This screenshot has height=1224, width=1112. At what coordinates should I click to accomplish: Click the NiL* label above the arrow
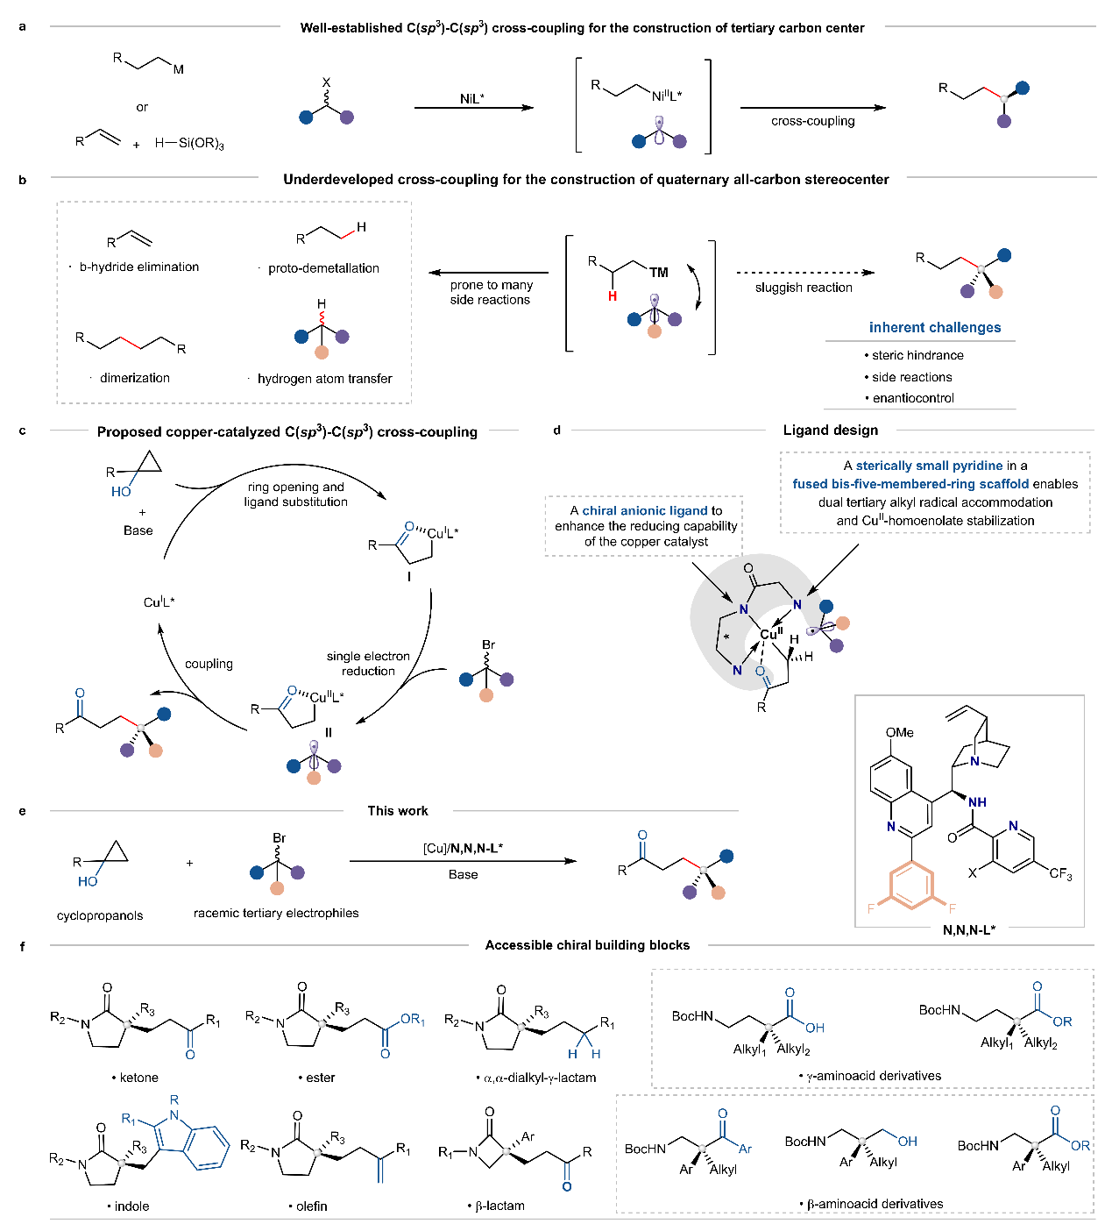click(471, 98)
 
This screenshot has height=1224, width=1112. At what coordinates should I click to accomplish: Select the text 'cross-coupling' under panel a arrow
click(812, 121)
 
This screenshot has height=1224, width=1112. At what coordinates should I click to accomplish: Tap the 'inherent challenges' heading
click(934, 327)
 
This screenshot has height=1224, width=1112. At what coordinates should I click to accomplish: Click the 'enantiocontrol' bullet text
click(913, 398)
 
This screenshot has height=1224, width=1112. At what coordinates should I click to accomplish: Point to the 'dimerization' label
click(135, 378)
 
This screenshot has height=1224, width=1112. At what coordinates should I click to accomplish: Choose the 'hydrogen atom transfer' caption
click(324, 379)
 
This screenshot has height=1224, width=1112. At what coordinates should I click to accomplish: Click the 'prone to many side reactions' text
click(491, 292)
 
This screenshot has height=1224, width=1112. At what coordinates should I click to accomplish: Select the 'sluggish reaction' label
click(804, 288)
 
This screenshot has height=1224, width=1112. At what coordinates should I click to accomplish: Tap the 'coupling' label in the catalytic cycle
click(209, 664)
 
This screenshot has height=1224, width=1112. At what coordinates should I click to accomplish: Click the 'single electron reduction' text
click(368, 663)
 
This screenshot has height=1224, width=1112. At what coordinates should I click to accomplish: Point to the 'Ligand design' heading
click(830, 430)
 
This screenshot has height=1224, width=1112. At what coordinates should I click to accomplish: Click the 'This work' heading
click(398, 811)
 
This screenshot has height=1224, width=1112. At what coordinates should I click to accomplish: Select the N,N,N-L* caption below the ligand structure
click(968, 929)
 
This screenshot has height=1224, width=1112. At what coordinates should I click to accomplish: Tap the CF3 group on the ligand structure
click(1059, 874)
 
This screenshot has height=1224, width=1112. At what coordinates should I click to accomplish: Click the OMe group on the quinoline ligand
click(899, 732)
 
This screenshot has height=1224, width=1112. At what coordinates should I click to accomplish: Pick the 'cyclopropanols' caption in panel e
click(100, 915)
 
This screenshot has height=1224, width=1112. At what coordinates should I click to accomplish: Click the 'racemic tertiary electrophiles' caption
click(276, 913)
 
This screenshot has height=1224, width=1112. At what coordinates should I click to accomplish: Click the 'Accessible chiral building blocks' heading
click(587, 945)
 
